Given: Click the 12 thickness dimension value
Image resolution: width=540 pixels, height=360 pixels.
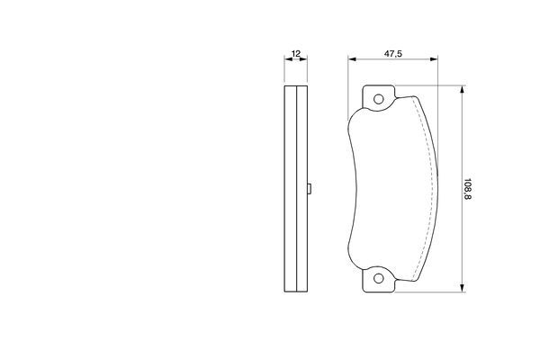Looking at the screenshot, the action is point(296,53).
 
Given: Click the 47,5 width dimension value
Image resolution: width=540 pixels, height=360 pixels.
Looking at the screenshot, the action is point(393,54).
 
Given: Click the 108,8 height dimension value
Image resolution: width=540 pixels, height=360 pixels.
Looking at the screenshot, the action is point(467,189).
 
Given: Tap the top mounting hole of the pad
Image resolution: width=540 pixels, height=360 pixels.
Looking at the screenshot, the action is point(379,99).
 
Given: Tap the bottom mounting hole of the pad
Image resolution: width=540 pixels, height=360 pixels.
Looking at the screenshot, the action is point(379,278).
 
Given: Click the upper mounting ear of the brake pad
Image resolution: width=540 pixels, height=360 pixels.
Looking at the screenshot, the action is point(379,97).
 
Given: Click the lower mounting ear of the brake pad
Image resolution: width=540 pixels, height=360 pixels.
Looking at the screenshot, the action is point(379,280).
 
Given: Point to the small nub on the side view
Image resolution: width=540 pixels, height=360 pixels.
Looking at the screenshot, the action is point(310,188).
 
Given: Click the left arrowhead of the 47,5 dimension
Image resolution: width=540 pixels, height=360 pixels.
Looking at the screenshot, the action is point(352,59).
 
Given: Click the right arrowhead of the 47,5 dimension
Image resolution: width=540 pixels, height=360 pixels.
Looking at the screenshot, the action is point(434,59).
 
